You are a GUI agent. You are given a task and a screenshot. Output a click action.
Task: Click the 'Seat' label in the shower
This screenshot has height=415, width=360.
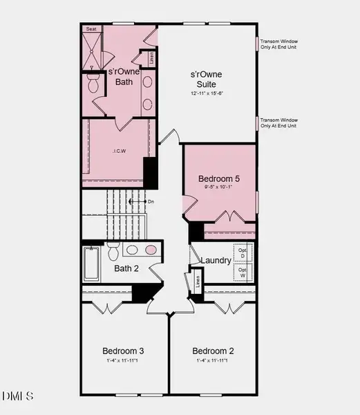tap(91, 29)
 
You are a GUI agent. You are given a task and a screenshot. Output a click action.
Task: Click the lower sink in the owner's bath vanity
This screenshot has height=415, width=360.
tap(147, 104)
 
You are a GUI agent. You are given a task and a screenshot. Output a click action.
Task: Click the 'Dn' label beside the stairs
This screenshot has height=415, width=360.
tap(151, 201)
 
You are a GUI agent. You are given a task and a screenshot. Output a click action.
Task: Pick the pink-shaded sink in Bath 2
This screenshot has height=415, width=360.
tap(150, 250)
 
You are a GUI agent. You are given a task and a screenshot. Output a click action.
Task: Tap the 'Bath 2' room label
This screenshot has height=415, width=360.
tap(126, 268)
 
